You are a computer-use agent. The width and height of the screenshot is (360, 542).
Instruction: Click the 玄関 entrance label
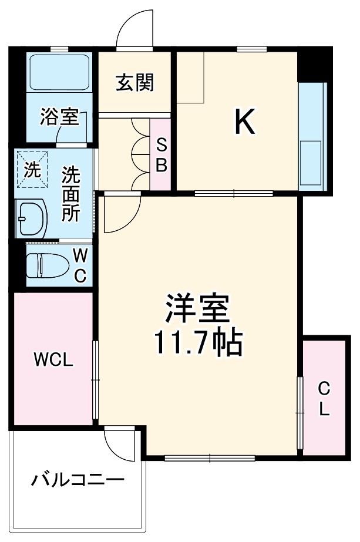(134, 83)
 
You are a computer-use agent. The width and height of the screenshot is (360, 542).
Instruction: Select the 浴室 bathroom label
(59, 117)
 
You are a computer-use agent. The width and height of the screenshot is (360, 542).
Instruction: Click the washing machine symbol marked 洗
(33, 170)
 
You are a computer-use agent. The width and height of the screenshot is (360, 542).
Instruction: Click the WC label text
(80, 264)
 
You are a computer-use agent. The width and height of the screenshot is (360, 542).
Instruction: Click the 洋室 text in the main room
(197, 308)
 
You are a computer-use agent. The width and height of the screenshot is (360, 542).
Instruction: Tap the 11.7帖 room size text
(198, 344)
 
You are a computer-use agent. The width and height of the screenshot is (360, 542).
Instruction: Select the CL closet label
(324, 398)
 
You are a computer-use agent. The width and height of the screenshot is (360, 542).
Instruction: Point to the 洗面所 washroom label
(70, 193)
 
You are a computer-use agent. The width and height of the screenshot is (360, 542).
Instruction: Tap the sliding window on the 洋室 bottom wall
(210, 456)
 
